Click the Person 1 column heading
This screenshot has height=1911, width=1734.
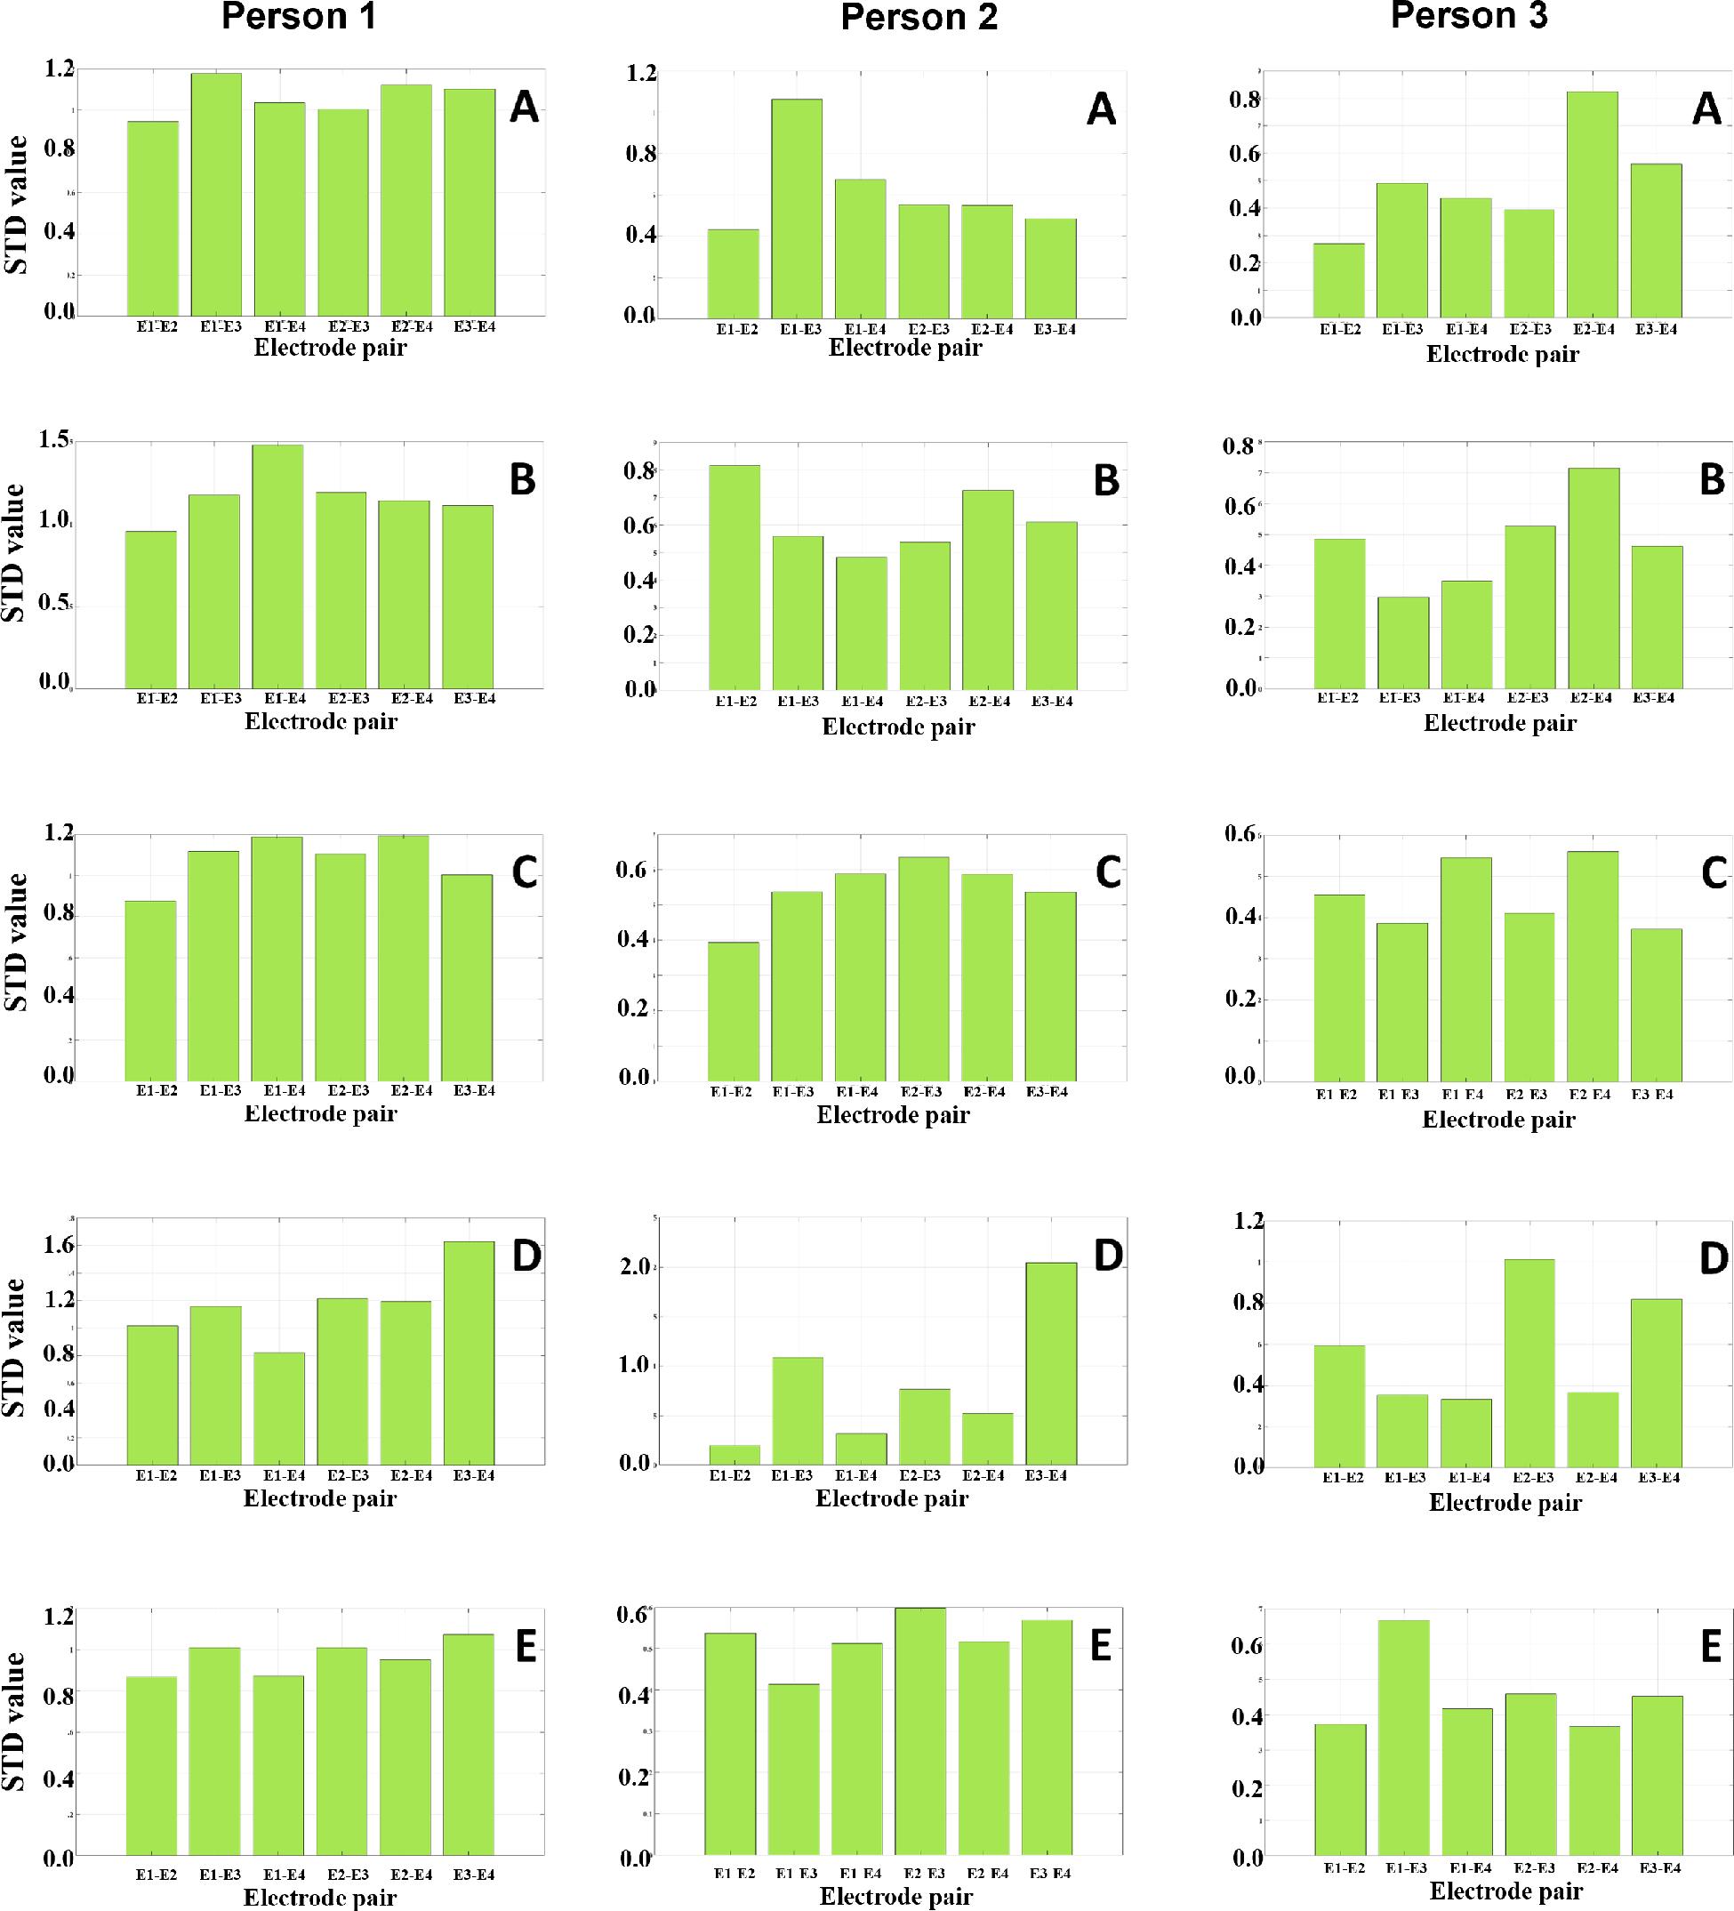pyautogui.click(x=299, y=17)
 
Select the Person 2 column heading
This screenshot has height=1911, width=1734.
pyautogui.click(x=919, y=18)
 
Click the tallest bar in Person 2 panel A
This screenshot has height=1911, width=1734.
pyautogui.click(x=797, y=209)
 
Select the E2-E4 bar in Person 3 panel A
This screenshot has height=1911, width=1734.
pyautogui.click(x=1593, y=204)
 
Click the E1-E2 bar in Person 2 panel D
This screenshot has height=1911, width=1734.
pyautogui.click(x=735, y=1454)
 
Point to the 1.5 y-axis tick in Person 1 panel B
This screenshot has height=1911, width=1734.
pyautogui.click(x=55, y=440)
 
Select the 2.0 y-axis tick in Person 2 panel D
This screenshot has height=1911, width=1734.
pyautogui.click(x=633, y=1266)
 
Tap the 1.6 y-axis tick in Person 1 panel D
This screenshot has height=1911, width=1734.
pyautogui.click(x=59, y=1245)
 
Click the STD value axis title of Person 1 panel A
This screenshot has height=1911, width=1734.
pyautogui.click(x=17, y=205)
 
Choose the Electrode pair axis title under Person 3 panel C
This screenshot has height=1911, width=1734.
pyautogui.click(x=1498, y=1120)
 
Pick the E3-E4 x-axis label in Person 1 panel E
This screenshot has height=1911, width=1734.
pyautogui.click(x=474, y=1874)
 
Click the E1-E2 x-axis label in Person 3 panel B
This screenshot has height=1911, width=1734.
pyautogui.click(x=1337, y=698)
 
